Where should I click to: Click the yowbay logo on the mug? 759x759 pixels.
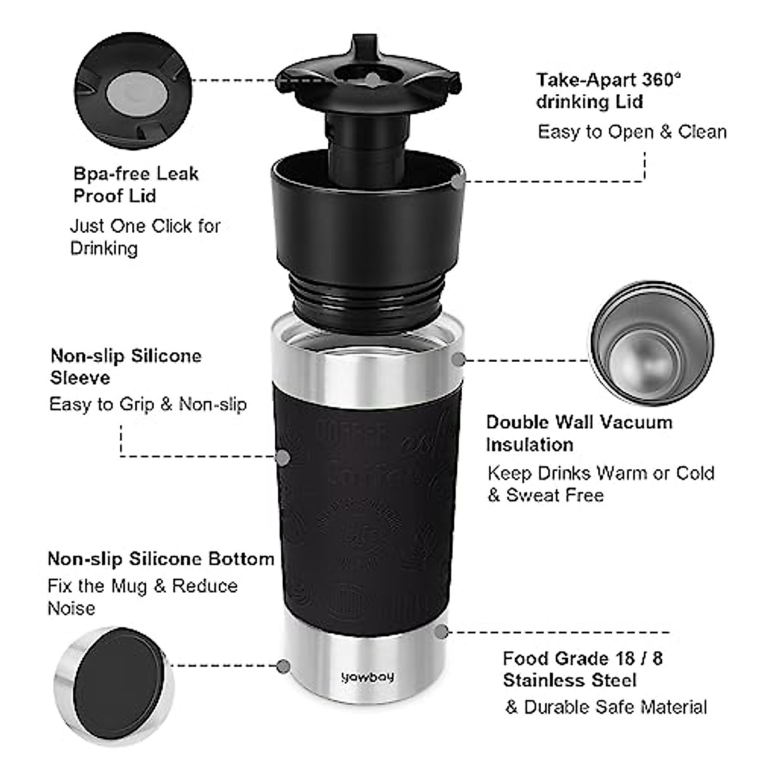(367, 677)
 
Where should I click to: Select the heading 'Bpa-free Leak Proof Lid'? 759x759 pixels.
(136, 184)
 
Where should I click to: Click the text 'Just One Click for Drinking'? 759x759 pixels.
(145, 237)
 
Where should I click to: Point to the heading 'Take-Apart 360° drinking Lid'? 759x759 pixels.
(608, 90)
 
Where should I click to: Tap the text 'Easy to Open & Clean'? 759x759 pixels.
(632, 132)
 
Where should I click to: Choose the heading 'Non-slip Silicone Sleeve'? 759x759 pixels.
(126, 366)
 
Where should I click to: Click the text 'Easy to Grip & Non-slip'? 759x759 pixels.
(148, 404)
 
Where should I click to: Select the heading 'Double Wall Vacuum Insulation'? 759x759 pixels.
(579, 433)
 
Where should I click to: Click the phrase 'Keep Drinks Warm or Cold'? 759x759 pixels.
(601, 473)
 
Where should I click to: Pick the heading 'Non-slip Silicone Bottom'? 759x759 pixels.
(161, 559)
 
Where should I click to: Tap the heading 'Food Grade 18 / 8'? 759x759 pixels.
(583, 658)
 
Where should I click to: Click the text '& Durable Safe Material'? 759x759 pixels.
(606, 707)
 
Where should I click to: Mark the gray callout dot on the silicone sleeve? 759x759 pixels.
(283, 457)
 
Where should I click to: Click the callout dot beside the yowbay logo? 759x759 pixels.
(284, 665)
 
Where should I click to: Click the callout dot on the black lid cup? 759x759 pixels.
(457, 182)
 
